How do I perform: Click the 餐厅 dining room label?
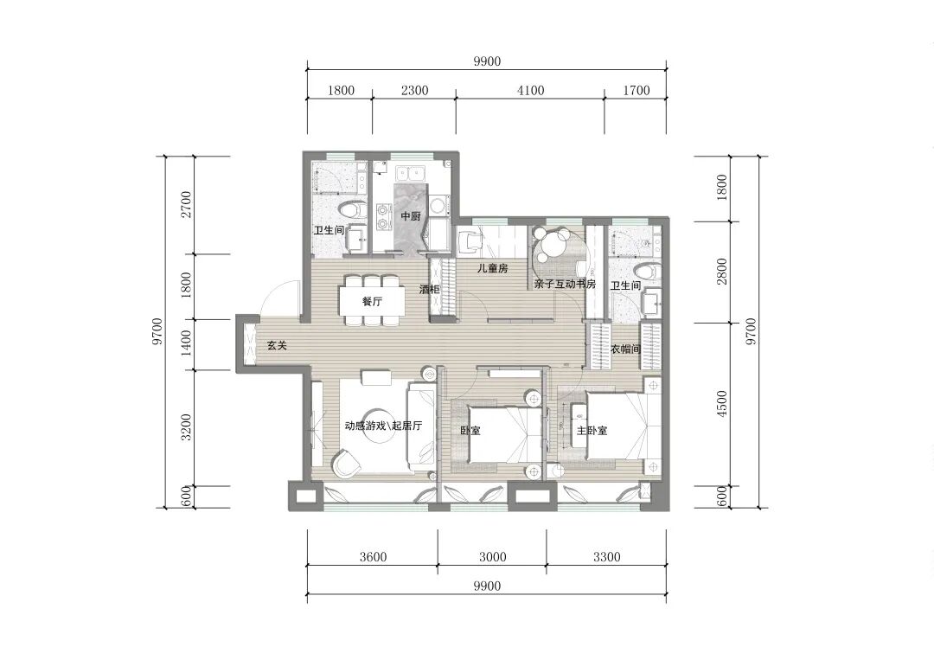coord(372,301)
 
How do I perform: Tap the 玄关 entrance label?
coord(277,345)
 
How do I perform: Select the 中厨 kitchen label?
coord(411,216)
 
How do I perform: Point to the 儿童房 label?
coord(493,268)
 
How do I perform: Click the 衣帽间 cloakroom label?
coord(625,349)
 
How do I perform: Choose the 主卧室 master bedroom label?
coord(592,430)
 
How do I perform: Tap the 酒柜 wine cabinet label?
coord(430,290)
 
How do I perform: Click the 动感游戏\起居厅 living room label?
coord(384,426)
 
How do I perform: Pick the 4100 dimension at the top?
coord(531,90)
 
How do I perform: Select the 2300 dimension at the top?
coord(414,90)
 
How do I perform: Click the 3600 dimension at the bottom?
coord(373,557)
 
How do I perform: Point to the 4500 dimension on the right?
coord(722,404)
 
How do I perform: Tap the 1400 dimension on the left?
coord(187,343)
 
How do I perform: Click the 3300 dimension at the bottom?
coord(606,557)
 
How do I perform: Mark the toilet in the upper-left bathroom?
coord(352,209)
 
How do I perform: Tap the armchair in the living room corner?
coord(345,463)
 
